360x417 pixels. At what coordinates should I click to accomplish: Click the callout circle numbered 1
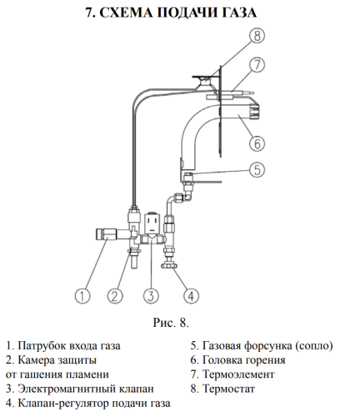82,294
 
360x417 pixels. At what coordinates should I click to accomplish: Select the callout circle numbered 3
150,294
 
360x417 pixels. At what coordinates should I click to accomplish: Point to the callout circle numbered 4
191,294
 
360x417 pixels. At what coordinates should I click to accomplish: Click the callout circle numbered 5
257,169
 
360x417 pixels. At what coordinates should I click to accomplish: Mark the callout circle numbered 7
257,64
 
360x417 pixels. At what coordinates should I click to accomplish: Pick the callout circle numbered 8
257,36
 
